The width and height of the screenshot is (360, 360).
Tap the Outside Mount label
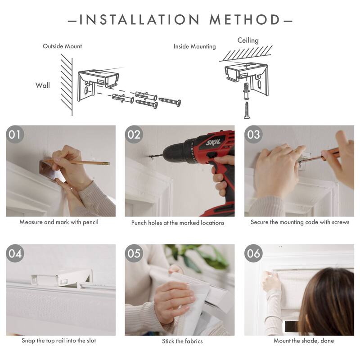tap(62, 46)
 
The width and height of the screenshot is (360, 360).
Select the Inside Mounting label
tap(194, 46)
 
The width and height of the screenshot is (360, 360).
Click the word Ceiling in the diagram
tap(248, 40)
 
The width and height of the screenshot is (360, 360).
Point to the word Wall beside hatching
tap(43, 85)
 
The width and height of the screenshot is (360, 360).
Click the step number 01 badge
tap(15, 135)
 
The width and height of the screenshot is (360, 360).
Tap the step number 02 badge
tap(134, 135)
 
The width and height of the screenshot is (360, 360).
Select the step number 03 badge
tap(253, 135)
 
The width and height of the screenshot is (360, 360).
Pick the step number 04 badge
tap(15, 253)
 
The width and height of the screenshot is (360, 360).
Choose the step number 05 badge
tap(134, 253)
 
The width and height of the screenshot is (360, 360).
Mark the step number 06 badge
tap(253, 253)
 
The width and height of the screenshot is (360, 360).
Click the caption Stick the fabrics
tap(180, 341)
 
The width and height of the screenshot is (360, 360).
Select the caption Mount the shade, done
tap(304, 341)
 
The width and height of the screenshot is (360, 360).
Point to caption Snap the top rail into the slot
tap(59, 341)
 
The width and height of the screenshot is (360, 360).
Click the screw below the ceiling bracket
tap(247, 110)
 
